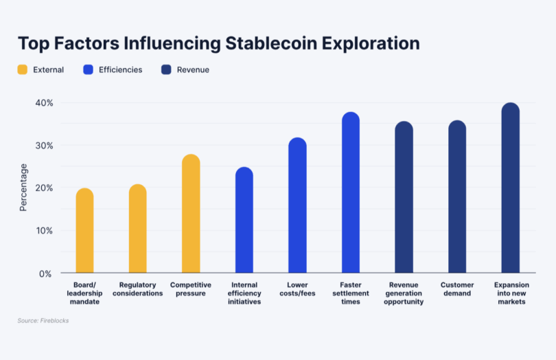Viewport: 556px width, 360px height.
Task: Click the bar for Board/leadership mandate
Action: coord(84,231)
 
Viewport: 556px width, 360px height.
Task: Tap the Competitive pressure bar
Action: coord(191,214)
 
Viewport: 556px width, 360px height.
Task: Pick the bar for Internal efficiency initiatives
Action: coord(244,221)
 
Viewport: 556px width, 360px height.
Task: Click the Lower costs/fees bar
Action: coord(297,205)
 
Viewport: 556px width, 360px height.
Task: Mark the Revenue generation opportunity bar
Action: coord(404,197)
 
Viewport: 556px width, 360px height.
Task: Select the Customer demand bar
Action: coord(457,197)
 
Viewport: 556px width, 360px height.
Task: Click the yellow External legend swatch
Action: coord(23,69)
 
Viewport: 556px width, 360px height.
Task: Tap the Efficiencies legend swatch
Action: coord(87,69)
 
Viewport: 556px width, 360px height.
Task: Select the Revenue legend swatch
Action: coord(165,69)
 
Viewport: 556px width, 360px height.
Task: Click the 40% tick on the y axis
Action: coord(45,103)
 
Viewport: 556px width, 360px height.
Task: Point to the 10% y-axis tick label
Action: coord(45,231)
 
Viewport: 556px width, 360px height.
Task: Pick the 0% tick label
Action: coord(46,273)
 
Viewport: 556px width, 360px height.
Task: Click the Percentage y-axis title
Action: coord(23,187)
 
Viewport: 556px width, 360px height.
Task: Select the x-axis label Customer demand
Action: coord(457,289)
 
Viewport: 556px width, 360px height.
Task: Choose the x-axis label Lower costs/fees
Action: coord(297,289)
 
